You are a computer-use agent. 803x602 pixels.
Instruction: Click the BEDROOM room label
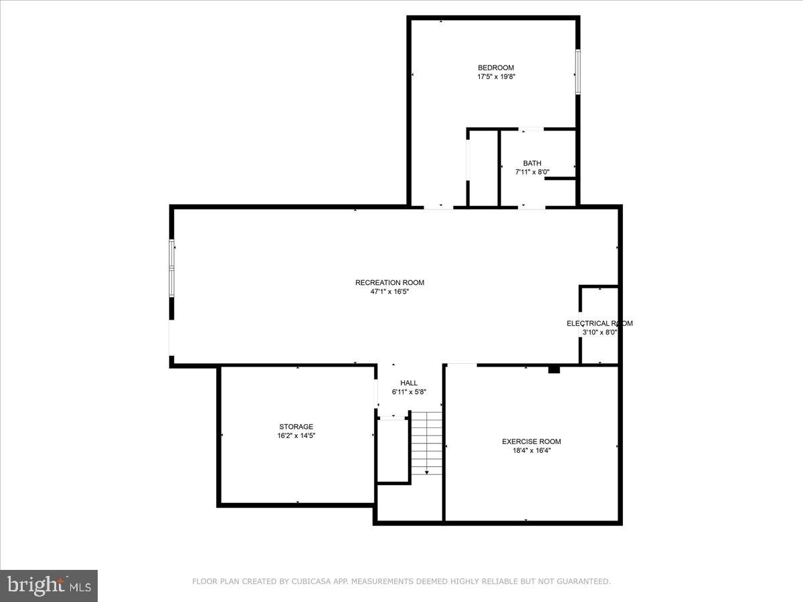(x=495, y=68)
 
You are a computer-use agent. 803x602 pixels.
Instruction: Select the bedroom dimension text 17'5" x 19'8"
(x=495, y=77)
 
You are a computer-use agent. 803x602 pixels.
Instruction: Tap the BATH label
(x=532, y=163)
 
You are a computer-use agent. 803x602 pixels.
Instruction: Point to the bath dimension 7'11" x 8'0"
(x=532, y=172)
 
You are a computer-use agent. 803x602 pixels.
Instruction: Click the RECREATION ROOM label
(x=389, y=282)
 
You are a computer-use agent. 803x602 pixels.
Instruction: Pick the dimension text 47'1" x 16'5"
(x=389, y=292)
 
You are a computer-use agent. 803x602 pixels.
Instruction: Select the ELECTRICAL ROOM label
(x=600, y=323)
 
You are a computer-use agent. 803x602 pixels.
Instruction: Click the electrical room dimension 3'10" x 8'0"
(x=600, y=332)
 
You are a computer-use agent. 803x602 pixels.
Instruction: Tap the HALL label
(x=409, y=383)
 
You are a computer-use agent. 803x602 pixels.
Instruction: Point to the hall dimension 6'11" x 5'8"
(x=409, y=392)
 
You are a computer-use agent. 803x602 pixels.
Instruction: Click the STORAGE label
(x=296, y=427)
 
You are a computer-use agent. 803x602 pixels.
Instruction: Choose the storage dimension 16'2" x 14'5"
(x=296, y=435)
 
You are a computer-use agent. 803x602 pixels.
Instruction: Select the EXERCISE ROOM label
(x=531, y=441)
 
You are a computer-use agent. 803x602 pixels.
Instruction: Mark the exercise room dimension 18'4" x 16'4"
(x=531, y=450)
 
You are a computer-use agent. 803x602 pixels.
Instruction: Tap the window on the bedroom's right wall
(x=577, y=72)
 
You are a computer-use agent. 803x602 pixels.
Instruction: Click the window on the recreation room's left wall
(x=171, y=268)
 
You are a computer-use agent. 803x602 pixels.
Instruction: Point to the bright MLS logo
(x=49, y=586)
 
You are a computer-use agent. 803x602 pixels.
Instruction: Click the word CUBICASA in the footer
(x=308, y=582)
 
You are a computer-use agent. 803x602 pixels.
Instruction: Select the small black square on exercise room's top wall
(x=553, y=369)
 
